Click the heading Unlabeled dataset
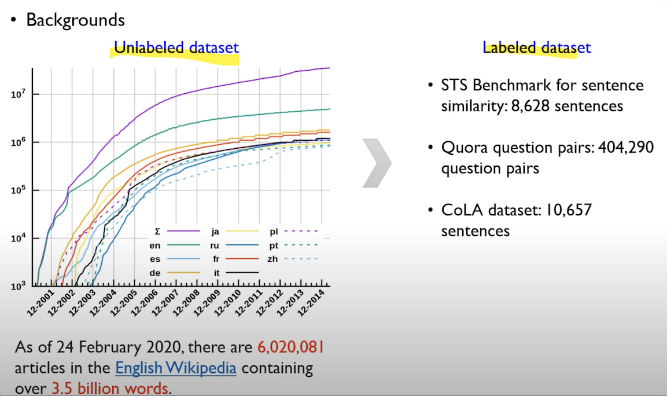point(176,47)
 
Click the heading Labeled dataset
point(537,47)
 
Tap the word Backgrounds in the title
point(75,20)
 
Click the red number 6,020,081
point(291,347)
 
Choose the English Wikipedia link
point(176,368)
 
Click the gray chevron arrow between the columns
point(377,163)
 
